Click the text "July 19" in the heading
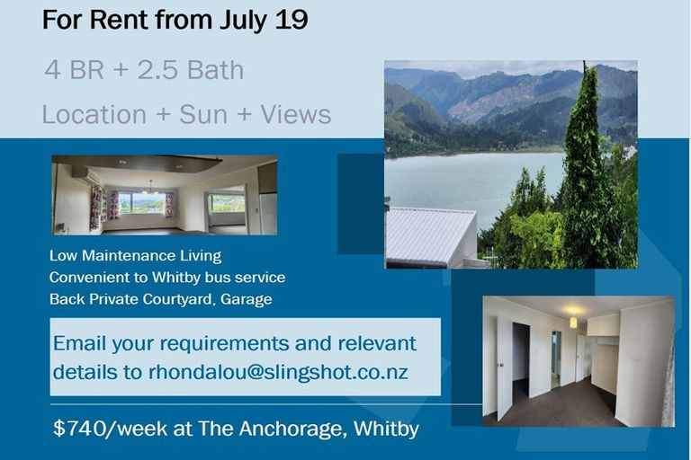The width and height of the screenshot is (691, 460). point(260,20)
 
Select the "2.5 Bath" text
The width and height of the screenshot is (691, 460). point(191,70)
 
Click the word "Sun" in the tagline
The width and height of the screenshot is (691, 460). point(203,114)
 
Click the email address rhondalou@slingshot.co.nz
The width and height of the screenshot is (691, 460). point(278,371)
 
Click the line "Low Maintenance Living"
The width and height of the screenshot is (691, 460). point(135,257)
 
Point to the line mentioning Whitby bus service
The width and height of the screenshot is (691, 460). point(167,278)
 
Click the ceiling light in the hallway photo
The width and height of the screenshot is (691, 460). point(573,320)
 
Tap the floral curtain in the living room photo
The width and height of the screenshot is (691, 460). point(96,206)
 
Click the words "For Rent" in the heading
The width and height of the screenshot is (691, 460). point(94,20)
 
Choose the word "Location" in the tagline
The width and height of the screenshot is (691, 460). point(94,114)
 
